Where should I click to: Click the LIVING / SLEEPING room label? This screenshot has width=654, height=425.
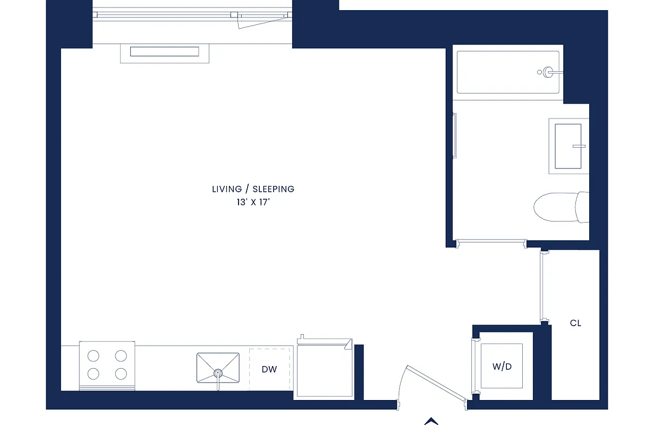click(x=253, y=189)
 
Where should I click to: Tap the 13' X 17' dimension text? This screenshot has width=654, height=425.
click(x=253, y=202)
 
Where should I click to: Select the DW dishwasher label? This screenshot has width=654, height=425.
click(x=269, y=370)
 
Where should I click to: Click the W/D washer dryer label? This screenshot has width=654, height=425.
click(x=502, y=367)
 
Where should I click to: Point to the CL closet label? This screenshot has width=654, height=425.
click(x=575, y=323)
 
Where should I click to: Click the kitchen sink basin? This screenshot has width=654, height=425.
click(x=218, y=367)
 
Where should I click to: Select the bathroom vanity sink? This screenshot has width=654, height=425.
click(x=568, y=146)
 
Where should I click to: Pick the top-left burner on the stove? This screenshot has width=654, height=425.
click(x=94, y=356)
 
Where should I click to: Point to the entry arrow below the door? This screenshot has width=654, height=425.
click(x=431, y=421)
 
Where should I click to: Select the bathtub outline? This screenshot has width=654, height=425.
click(x=508, y=72)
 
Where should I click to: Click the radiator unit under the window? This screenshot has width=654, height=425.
click(x=165, y=52)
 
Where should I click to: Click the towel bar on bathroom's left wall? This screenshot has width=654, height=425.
click(x=454, y=135)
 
